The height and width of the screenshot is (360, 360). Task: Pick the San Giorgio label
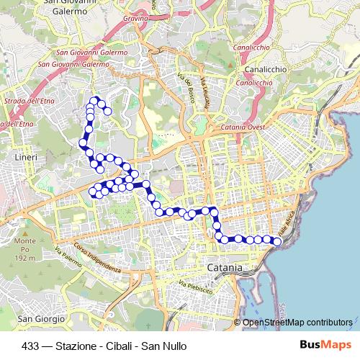(36, 318)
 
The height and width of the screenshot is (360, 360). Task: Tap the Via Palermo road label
(67, 256)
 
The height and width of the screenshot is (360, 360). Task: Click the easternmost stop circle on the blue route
(277, 242)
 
